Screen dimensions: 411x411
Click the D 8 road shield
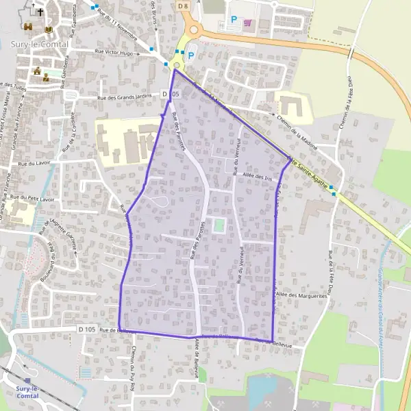point(182,5)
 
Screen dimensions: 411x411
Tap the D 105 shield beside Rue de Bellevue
point(86,329)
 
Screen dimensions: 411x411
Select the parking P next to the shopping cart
point(235,21)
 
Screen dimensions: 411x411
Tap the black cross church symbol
point(40,12)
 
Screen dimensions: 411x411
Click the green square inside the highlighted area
point(219,225)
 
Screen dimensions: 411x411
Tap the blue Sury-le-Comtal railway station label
point(27,391)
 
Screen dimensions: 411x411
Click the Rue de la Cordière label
point(67,141)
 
